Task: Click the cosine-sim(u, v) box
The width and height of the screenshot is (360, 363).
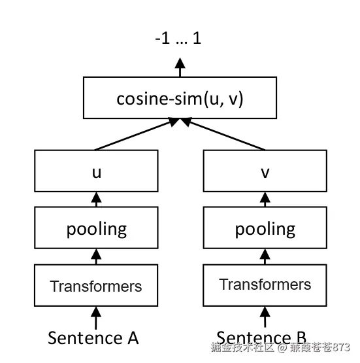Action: click(180, 98)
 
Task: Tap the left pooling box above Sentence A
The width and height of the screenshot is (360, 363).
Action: click(96, 229)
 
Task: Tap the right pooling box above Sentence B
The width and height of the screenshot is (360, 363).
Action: click(265, 229)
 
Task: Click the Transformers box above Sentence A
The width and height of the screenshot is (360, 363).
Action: click(96, 286)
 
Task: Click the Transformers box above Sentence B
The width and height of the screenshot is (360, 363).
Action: click(265, 285)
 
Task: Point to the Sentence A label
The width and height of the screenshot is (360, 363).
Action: click(93, 337)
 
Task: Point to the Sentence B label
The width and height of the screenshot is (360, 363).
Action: click(261, 337)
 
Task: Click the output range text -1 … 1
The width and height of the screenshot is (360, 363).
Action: click(178, 39)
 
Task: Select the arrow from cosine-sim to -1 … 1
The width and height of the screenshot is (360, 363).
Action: click(180, 67)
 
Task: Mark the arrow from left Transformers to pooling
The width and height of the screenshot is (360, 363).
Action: click(96, 257)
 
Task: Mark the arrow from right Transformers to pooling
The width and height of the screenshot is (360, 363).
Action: click(265, 257)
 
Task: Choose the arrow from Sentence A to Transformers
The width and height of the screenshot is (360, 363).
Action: click(96, 318)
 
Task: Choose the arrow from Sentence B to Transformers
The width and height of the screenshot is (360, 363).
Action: click(265, 318)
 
